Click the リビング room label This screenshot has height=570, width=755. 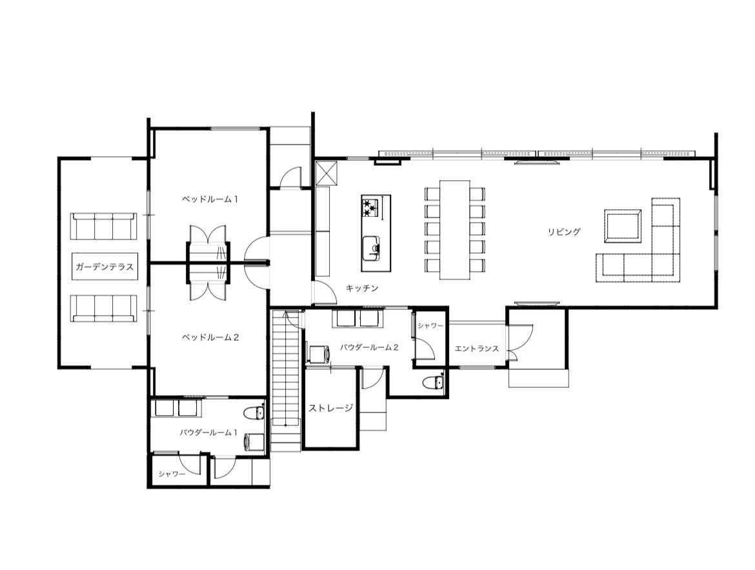click(x=564, y=231)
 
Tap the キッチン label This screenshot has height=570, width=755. click(x=362, y=288)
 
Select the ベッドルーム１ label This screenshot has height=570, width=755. click(x=210, y=199)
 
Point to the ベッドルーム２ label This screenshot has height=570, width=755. click(x=210, y=337)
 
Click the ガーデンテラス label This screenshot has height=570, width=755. click(x=105, y=267)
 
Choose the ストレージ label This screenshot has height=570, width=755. click(x=331, y=408)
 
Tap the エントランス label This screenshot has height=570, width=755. click(x=477, y=349)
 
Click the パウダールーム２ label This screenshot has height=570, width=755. click(x=369, y=347)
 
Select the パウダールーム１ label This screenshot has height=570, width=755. click(x=209, y=433)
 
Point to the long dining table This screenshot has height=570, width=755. click(x=454, y=229)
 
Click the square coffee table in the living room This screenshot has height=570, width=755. click(x=623, y=225)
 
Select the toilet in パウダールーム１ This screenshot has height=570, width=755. click(x=254, y=413)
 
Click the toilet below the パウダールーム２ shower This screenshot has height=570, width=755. click(x=434, y=382)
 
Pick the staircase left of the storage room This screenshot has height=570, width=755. click(x=286, y=381)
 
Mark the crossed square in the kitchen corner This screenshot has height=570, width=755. click(x=328, y=174)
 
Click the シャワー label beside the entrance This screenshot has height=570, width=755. click(x=430, y=326)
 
